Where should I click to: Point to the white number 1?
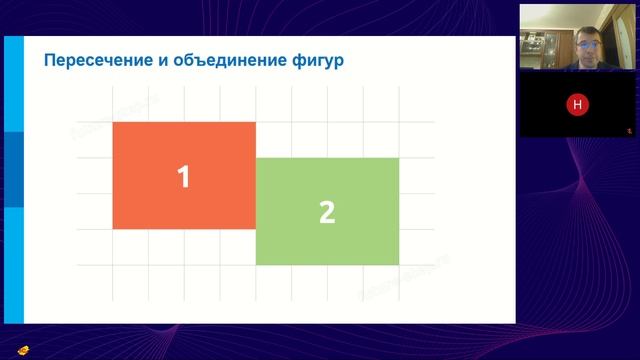click(183, 176)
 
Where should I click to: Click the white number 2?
click(326, 212)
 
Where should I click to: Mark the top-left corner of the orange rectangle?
click(113, 122)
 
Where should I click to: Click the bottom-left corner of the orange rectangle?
click(113, 229)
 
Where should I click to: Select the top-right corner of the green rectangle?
click(399, 158)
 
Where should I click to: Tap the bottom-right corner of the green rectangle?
click(399, 265)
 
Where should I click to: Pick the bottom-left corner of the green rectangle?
click(257, 265)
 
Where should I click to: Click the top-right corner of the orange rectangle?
click(256, 122)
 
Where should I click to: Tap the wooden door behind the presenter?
click(620, 40)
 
